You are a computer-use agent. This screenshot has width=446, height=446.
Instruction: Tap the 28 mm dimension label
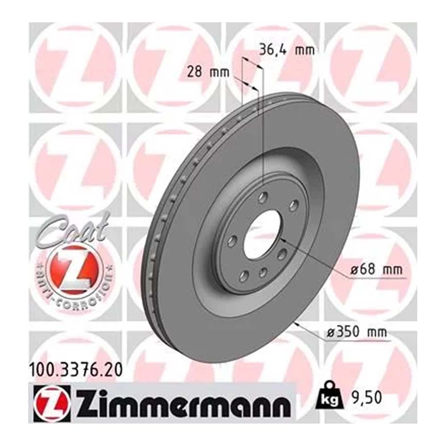click(208, 72)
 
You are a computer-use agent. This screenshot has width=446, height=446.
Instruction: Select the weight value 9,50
click(367, 398)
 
